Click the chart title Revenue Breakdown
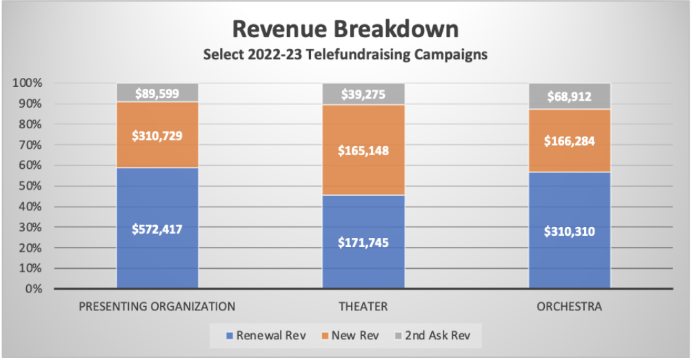point(345,29)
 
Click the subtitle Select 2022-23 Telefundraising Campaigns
point(345,54)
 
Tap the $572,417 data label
point(157,229)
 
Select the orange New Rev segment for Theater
point(363,150)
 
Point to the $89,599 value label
point(157,93)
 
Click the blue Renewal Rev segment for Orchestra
point(570,230)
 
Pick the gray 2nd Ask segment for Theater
point(363,94)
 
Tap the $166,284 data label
point(570,141)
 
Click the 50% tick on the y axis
point(30,186)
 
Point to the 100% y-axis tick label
point(28,83)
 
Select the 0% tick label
point(34,289)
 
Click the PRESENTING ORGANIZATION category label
point(157,307)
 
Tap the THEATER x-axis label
point(363,307)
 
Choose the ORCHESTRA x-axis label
point(570,307)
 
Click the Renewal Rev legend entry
point(266,336)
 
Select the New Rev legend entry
point(350,336)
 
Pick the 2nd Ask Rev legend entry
point(432,336)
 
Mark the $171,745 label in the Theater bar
point(363,242)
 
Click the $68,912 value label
point(570,97)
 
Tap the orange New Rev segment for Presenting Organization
point(157,135)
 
